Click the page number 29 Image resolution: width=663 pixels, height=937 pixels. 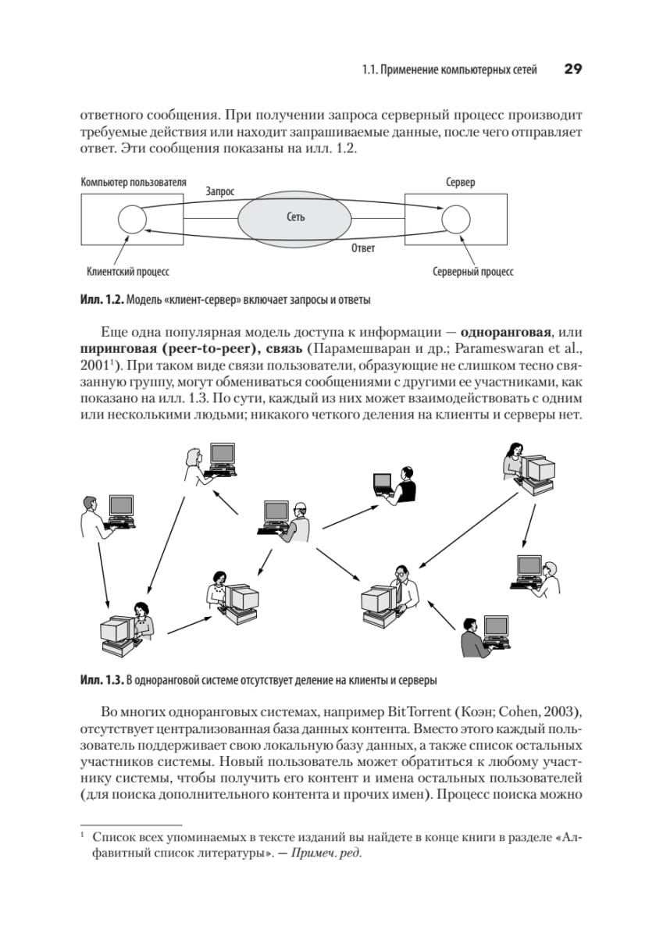point(572,69)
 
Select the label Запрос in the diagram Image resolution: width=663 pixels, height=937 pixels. point(219,190)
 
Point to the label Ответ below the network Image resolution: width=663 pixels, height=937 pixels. point(362,248)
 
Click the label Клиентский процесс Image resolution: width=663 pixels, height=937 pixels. point(128,273)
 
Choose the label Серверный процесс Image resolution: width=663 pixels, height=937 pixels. point(472,273)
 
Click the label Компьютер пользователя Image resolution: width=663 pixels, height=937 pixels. point(134,182)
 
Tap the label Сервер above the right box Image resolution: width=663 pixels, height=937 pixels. point(460,182)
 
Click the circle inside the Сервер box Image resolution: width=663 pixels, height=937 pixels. point(455,219)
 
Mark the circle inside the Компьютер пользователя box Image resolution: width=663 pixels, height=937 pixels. point(131,219)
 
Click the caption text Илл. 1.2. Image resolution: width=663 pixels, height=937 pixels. point(102,300)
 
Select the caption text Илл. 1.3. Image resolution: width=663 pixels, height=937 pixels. point(102,679)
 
